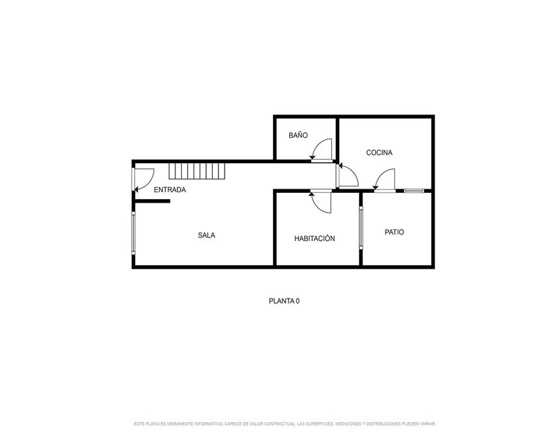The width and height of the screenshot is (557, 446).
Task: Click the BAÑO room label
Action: point(298,135)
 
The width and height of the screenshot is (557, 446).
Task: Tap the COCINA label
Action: point(379,153)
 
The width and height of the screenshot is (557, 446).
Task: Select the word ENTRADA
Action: point(170,190)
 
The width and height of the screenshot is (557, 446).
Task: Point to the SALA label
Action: point(207,235)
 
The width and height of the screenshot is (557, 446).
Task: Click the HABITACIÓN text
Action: point(314,238)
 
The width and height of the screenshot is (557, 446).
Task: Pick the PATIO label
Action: point(394,232)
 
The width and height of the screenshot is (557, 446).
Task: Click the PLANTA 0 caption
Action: point(284,301)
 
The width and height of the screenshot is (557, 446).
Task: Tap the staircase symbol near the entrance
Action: point(197,171)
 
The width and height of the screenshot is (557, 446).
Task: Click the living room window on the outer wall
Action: point(134,233)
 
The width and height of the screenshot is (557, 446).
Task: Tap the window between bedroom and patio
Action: point(361,227)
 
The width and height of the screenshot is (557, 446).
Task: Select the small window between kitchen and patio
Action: point(414,191)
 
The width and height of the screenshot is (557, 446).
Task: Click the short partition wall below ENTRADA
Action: point(152,201)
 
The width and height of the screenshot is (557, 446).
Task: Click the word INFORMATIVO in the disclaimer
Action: point(208,424)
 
